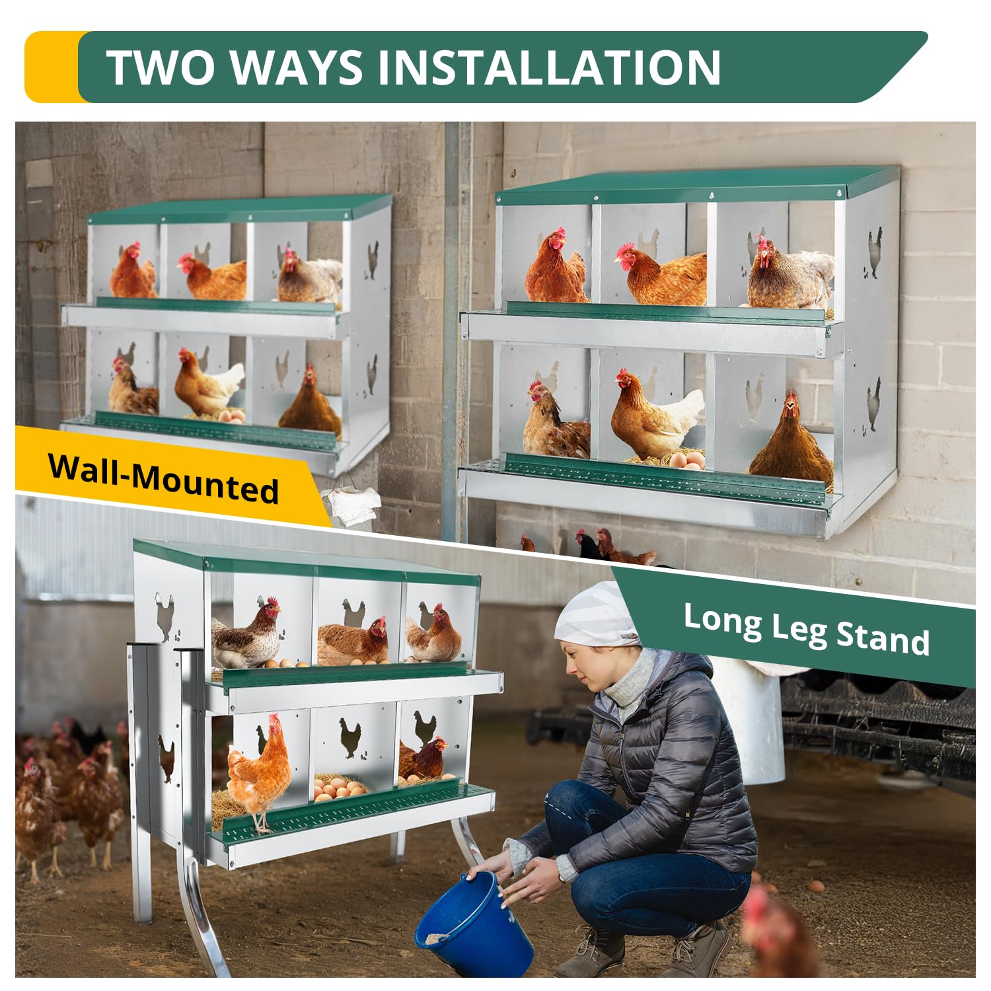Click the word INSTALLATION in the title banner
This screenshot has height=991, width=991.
pos(549,67)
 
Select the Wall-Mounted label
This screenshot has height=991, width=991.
pos(163,478)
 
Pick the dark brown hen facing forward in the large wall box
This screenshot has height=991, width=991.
pos(791,439)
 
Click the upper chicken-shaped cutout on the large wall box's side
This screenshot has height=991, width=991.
pos(874,252)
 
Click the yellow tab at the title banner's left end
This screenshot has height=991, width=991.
pos(52,67)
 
